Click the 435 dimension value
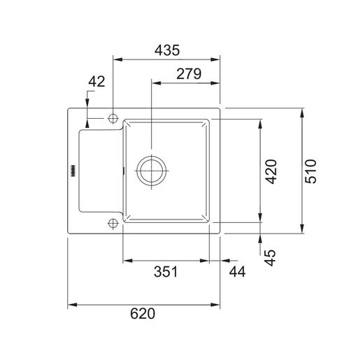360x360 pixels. point(167,50)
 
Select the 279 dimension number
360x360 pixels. point(189,74)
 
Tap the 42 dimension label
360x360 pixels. point(96,82)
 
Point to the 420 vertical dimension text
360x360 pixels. point(271,171)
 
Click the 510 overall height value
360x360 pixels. point(311,171)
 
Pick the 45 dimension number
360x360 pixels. point(271,258)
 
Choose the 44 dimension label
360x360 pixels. point(237,272)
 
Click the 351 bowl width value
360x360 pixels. point(166,272)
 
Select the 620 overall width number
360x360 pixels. point(143,314)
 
